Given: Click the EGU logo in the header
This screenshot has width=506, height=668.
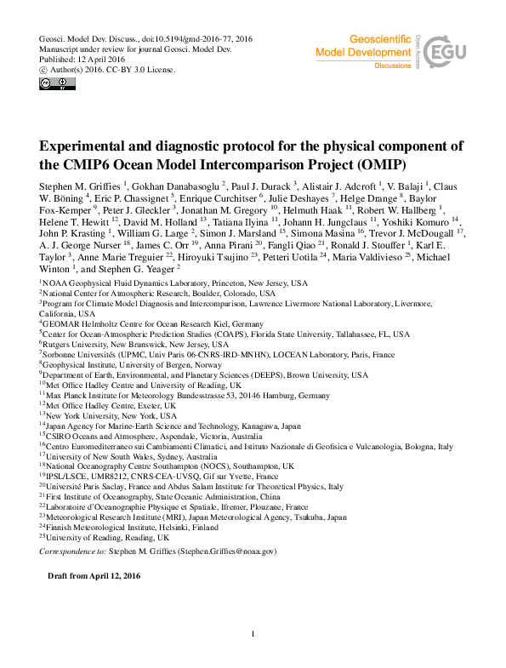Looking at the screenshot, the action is (450, 54).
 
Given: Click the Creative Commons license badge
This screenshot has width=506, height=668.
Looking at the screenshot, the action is (57, 83).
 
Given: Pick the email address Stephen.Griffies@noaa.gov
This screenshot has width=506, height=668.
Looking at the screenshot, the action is (226, 551).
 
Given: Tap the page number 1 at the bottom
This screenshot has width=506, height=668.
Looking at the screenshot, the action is (253, 633).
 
